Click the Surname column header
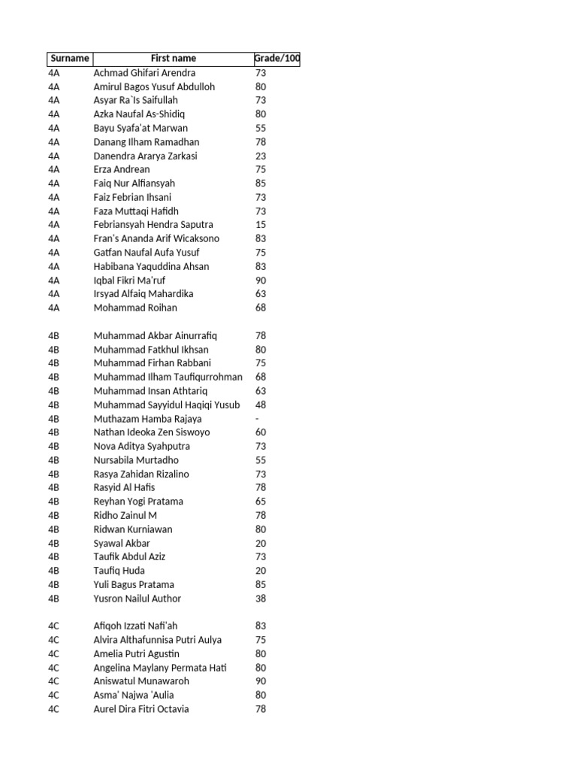pos(70,59)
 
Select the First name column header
pos(173,59)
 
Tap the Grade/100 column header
pos(277,59)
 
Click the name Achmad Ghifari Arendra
pos(144,73)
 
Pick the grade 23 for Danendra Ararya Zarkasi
pos(261,156)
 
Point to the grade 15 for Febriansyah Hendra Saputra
pos(261,225)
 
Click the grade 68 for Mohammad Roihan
pos(261,308)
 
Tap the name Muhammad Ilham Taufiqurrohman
pos(168,377)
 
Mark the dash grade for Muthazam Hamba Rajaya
pos(258,419)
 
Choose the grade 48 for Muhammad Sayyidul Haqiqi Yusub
pos(261,405)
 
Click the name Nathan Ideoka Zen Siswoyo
pos(152,432)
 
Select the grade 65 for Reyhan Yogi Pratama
pos(261,502)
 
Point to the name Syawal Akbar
pos(122,543)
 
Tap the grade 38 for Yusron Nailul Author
pos(261,599)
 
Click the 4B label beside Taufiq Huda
pos(53,571)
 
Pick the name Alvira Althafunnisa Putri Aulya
pos(158,640)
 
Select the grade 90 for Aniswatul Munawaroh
pos(261,681)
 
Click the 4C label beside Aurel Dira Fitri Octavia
pos(53,709)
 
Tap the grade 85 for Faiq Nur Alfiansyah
pos(261,183)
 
